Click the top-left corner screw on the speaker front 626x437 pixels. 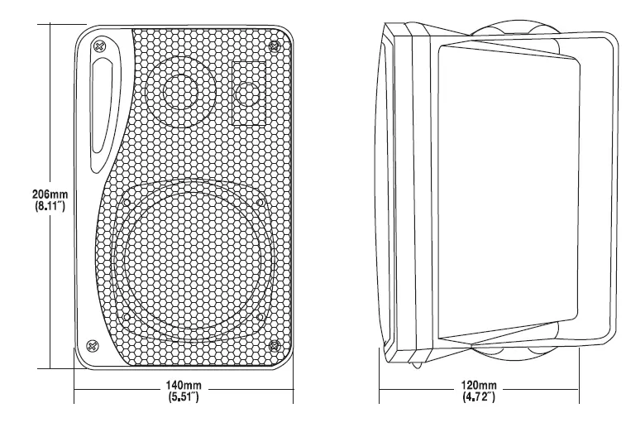100,46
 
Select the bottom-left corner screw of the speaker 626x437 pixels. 93,344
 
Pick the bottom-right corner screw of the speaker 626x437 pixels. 275,344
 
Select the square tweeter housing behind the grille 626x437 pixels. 247,93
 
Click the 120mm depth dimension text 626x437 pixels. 480,386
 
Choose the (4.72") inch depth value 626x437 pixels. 480,399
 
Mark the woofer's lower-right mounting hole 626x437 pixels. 260,316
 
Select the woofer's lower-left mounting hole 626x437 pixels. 126,316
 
